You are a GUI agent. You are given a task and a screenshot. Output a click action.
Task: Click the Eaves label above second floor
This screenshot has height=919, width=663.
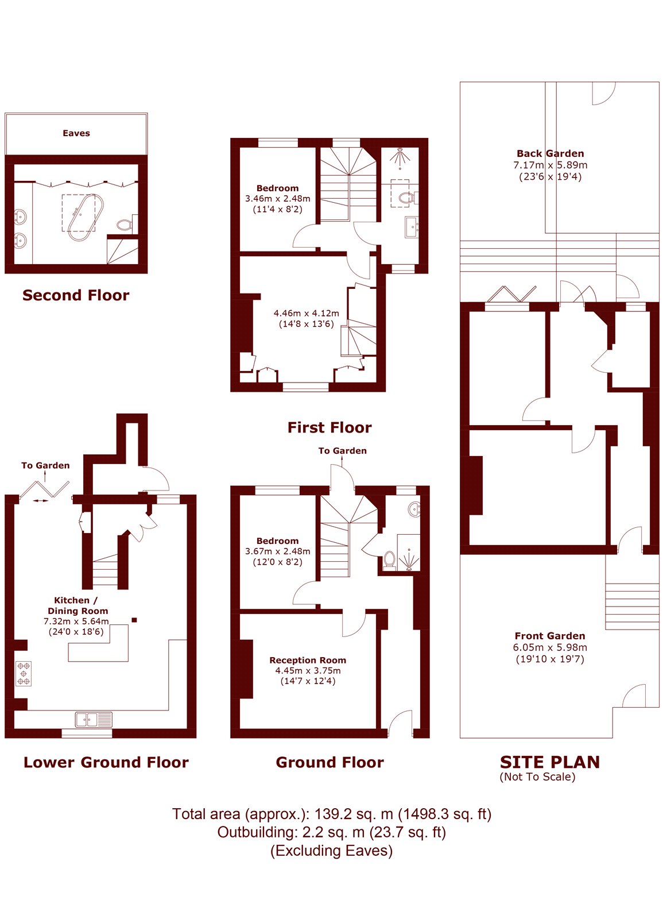[76, 133]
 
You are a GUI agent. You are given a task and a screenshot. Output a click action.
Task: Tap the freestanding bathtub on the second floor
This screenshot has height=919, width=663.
[86, 217]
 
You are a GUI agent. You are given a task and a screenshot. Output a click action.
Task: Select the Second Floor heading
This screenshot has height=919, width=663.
[76, 295]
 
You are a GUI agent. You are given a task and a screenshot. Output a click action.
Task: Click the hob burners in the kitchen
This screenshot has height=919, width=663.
[24, 674]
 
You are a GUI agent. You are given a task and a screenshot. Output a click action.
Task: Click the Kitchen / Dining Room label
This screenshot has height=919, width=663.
[77, 605]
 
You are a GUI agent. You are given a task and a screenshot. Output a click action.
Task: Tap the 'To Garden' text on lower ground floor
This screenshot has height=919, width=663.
[45, 465]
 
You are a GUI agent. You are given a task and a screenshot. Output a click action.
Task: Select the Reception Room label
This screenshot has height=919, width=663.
[308, 660]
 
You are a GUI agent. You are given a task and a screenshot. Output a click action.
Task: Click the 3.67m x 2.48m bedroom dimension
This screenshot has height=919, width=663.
[277, 551]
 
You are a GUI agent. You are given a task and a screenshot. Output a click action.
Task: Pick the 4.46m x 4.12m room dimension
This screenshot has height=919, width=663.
[306, 314]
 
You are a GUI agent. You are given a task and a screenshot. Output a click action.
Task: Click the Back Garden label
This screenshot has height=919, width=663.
[550, 153]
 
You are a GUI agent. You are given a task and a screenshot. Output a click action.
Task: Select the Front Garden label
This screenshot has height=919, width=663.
[549, 636]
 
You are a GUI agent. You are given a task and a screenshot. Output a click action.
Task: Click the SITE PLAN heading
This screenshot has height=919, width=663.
[549, 762]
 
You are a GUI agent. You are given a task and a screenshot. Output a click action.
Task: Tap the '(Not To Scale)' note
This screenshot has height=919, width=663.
[537, 777]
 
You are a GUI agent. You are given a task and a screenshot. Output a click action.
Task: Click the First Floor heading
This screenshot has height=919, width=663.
[329, 427]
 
